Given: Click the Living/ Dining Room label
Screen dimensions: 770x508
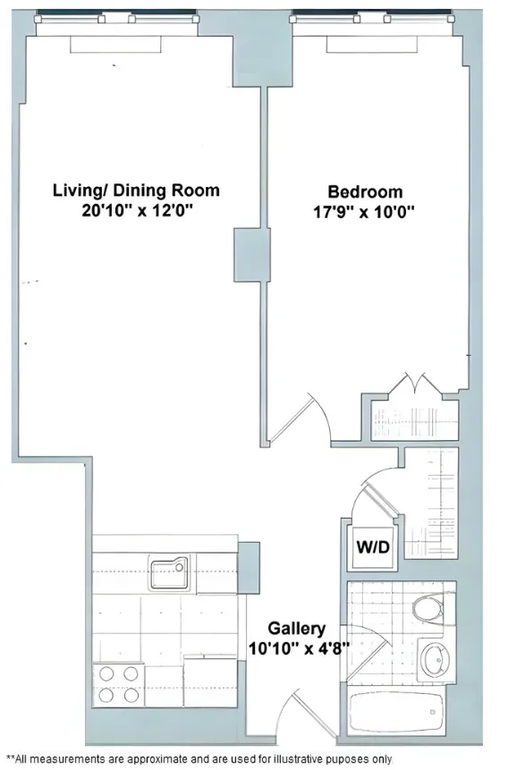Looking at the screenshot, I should point(136,190).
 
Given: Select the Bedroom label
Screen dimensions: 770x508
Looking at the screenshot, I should point(365,191).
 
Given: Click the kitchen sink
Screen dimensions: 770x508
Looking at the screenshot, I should point(169,573).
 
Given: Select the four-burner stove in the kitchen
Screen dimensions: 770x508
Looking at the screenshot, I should point(118,684).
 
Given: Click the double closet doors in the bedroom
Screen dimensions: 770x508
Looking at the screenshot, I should point(414,386).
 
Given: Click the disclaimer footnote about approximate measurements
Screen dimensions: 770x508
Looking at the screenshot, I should point(199,757).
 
